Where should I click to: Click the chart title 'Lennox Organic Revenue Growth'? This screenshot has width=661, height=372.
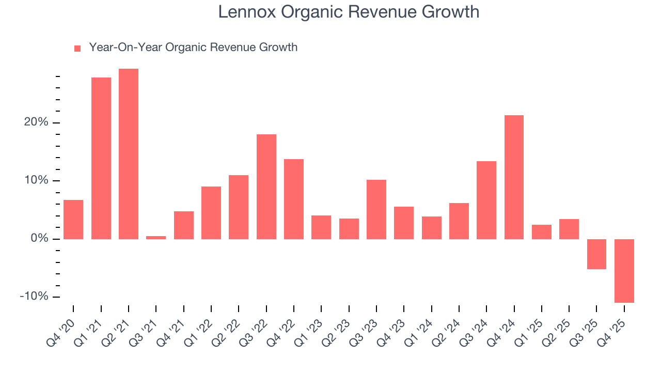click(x=349, y=12)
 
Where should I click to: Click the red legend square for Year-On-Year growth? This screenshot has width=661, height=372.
click(x=77, y=48)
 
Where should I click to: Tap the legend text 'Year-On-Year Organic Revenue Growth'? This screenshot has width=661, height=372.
click(x=193, y=48)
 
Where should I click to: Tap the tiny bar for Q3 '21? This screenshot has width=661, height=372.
click(x=156, y=238)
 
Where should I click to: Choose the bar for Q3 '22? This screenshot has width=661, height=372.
click(x=266, y=187)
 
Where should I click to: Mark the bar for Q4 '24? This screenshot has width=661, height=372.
click(x=514, y=177)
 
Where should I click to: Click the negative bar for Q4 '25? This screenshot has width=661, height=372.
click(x=624, y=271)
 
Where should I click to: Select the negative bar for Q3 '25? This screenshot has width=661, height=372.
click(x=596, y=254)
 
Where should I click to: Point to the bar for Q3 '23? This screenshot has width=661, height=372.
click(x=376, y=209)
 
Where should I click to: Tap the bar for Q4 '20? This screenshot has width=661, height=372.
click(x=73, y=220)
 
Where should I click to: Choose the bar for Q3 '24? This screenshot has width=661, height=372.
click(x=486, y=200)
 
